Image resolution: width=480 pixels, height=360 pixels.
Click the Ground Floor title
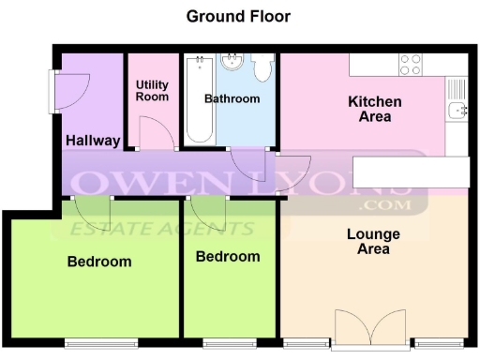pos(238,16)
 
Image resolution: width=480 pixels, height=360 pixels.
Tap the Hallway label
pos(93,142)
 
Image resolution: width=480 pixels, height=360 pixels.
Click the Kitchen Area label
pos(375,109)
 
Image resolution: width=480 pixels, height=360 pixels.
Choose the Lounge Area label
pos(373,241)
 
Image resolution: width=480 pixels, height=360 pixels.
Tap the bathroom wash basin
pos(232,63)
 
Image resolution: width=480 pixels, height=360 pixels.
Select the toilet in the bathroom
pos(262,68)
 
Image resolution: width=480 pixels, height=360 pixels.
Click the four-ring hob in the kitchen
pos(410,64)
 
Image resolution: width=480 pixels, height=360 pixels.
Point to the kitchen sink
pos(457,111)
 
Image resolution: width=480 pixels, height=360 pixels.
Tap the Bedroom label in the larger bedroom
pos(99,262)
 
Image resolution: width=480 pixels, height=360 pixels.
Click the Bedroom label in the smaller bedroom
pos(228,256)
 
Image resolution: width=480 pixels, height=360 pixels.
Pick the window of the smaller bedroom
pos(229,343)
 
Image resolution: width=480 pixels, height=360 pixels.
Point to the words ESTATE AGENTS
pos(159,228)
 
